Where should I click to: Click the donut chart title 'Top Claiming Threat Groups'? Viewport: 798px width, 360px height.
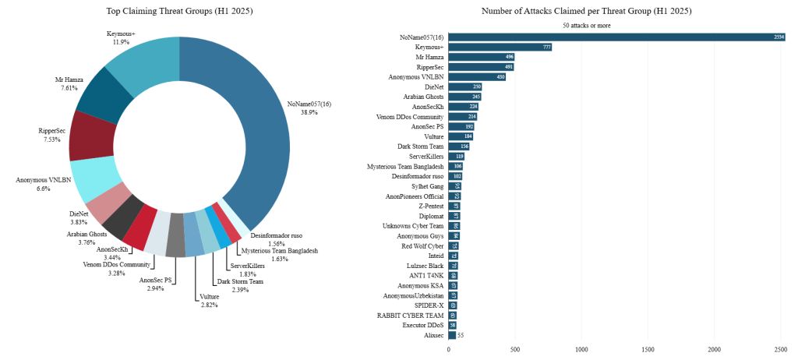(x=179, y=11)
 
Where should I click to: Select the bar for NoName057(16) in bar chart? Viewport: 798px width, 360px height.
(x=616, y=37)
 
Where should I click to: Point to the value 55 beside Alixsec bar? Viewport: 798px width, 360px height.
(x=461, y=335)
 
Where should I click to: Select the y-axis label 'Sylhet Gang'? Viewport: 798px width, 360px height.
(x=426, y=186)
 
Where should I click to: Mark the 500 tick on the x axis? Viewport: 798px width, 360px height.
(x=514, y=350)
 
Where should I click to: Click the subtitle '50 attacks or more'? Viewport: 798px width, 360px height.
(x=587, y=25)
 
